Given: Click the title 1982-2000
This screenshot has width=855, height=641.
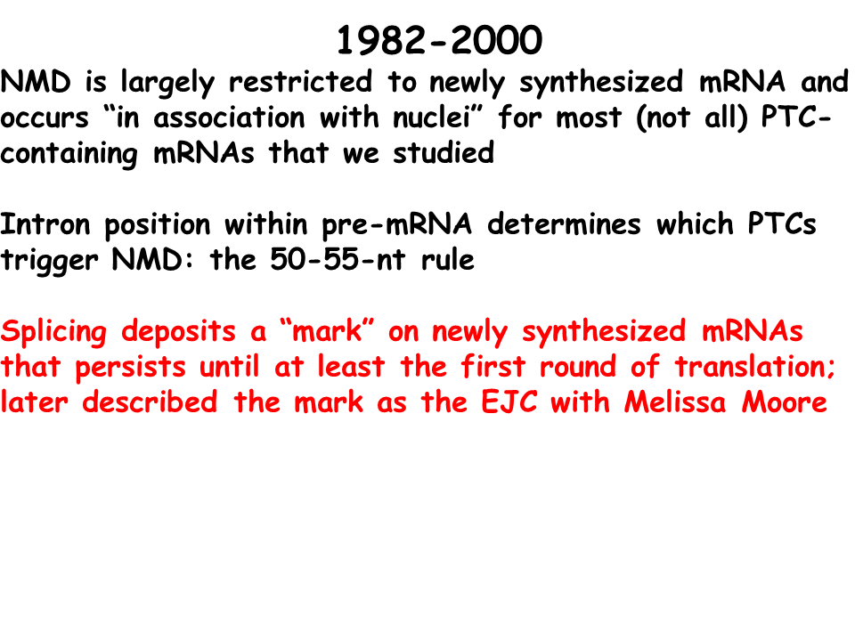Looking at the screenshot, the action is (439, 40).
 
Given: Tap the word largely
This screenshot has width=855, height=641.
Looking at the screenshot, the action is (167, 84).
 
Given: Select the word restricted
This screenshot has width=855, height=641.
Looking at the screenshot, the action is (300, 81).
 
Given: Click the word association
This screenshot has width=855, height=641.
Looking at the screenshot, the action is (229, 118).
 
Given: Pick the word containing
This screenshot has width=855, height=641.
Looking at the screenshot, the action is (69, 155).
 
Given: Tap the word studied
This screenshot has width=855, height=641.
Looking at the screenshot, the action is (444, 152).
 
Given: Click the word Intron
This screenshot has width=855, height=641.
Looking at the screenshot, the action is (45, 224).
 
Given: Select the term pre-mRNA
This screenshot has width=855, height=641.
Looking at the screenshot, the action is (397, 226).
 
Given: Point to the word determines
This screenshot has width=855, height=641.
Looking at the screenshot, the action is (564, 224).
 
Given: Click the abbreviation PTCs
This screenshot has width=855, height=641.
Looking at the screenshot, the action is (781, 224).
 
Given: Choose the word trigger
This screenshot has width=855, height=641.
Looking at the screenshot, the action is (49, 262).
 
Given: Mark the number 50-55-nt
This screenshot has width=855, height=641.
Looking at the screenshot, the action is (338, 259).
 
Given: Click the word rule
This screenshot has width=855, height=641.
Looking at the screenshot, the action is (448, 259).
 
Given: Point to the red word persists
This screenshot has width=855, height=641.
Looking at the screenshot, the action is (130, 368).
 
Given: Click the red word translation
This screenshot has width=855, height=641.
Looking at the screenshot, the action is (754, 366).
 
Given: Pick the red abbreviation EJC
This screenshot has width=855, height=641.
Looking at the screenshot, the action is (509, 402).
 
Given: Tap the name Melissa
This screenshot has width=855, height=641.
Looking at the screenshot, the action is (675, 402).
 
